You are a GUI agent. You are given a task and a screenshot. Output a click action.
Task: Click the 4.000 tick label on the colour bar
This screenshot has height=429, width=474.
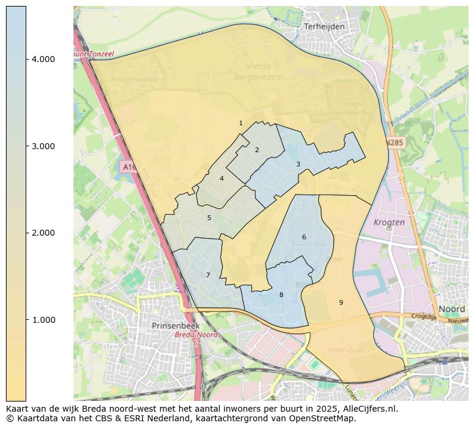43,59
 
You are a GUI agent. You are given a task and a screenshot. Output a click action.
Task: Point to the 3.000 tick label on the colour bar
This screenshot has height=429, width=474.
43,146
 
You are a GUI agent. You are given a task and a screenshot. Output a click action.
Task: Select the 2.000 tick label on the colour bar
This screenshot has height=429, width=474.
43,233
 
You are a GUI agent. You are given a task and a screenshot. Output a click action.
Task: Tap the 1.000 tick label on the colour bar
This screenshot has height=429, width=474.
43,320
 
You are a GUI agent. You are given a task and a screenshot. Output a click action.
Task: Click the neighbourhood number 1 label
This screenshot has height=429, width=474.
241,124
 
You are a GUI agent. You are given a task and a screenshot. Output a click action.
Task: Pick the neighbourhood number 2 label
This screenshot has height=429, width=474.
257,150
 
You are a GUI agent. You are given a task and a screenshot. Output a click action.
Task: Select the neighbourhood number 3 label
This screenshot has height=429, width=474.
298,164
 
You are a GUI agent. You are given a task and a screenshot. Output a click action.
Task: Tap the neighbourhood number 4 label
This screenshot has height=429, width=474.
221,178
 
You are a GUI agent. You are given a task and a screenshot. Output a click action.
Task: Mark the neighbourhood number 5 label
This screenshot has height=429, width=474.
209,218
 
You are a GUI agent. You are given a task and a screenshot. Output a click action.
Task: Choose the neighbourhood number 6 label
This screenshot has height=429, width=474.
304,237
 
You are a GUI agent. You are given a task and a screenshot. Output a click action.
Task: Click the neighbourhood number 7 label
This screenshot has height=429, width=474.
208,275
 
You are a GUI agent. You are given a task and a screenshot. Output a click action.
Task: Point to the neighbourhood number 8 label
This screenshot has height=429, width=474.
281,295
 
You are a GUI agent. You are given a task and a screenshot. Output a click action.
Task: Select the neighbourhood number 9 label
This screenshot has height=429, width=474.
341,303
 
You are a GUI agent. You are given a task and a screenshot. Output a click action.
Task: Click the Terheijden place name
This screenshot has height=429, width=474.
324,27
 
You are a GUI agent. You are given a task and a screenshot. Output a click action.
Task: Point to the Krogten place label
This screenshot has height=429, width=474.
389,222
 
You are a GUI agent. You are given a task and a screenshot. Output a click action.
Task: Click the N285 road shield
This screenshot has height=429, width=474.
394,143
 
